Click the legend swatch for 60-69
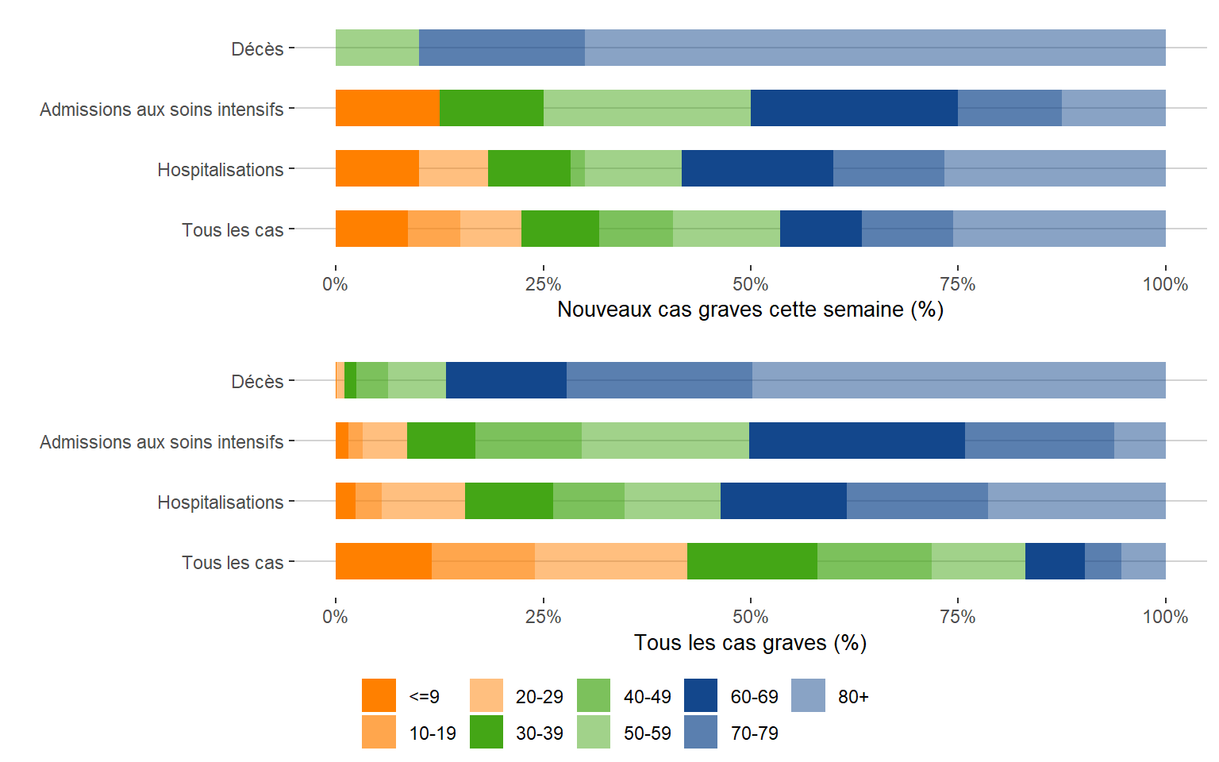700,695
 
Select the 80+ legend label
853,697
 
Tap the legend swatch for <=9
379,695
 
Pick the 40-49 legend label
647,697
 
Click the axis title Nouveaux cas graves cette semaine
750,310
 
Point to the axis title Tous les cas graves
750,643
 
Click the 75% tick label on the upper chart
957,284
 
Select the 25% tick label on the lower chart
543,617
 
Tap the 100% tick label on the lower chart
1164,617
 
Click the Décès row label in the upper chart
257,49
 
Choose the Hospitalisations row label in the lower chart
220,502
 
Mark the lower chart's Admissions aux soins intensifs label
161,442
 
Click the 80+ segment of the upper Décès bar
875,48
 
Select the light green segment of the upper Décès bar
377,48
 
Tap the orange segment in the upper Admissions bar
387,108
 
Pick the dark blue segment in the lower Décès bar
506,380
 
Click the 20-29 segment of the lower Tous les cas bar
610,561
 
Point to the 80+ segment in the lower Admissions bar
1140,441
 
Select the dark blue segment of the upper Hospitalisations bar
757,168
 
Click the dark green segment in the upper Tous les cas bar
560,229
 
